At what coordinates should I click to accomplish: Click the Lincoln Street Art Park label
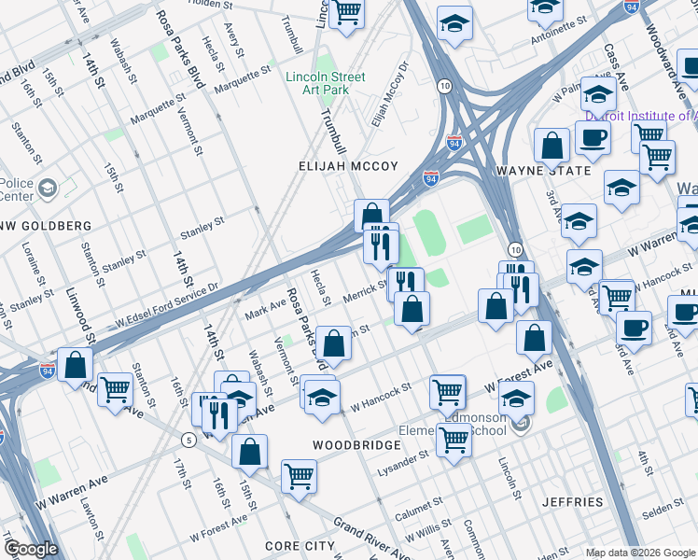click(326, 83)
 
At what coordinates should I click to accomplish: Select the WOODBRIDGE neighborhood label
click(356, 445)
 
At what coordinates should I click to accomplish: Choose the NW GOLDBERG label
click(45, 226)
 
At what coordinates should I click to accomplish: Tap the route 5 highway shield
click(188, 440)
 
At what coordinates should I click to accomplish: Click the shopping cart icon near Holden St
click(347, 13)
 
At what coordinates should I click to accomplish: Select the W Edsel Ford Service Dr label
click(167, 305)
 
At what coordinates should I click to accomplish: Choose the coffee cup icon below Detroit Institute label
click(593, 140)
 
